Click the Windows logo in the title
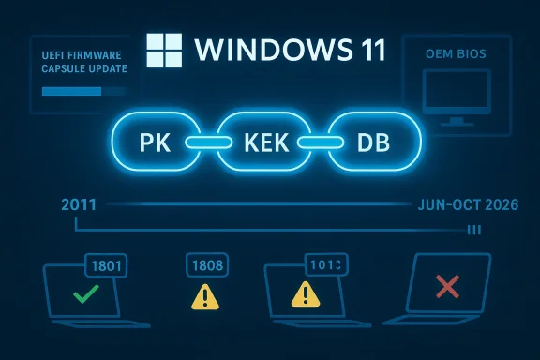click(164, 49)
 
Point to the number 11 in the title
click(365, 50)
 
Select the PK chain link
click(152, 143)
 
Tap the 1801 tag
click(105, 265)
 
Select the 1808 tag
click(206, 265)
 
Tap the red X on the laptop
click(447, 286)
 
